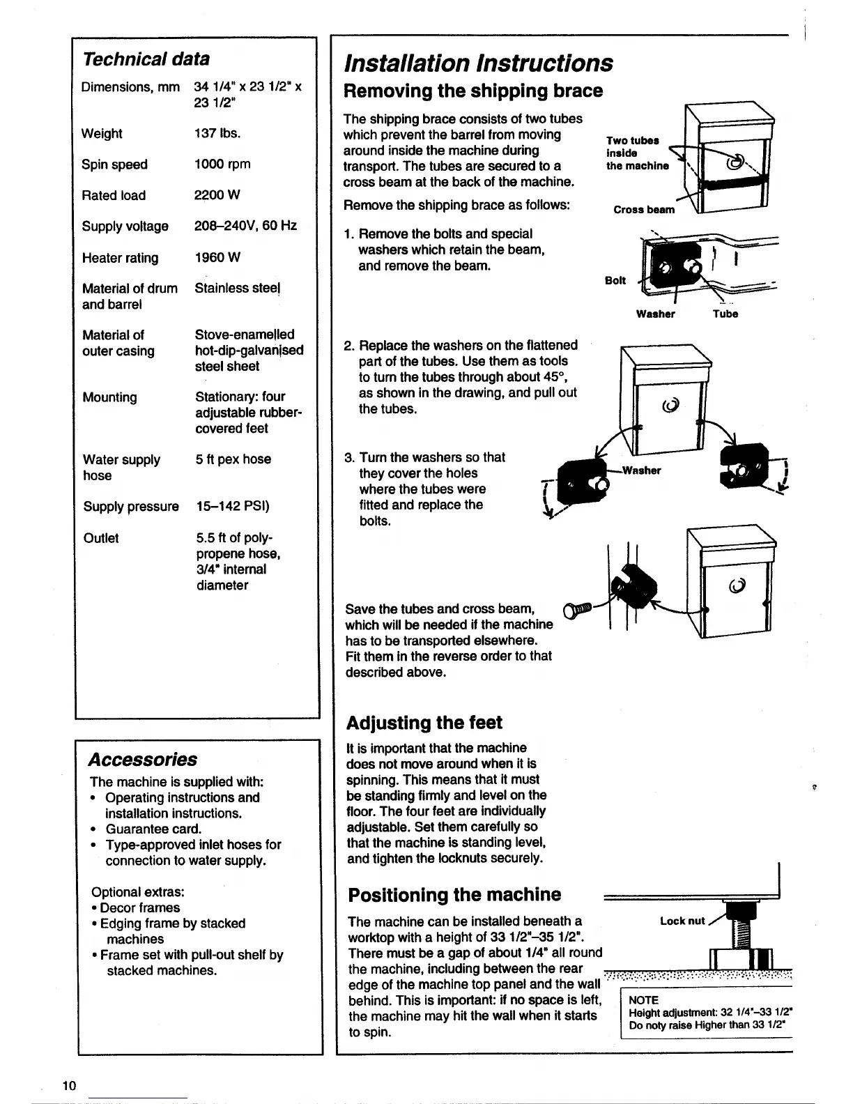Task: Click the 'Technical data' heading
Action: point(146,59)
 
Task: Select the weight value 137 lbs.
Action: point(217,133)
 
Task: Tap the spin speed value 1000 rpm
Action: point(222,164)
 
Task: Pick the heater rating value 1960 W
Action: point(217,258)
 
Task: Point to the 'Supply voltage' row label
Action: point(125,227)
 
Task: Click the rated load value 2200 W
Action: point(217,195)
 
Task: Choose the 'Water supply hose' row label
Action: point(121,467)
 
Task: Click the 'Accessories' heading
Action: point(143,760)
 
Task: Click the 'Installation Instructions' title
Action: point(479,63)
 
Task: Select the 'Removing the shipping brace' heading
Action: point(474,91)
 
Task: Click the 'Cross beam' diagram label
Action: point(644,210)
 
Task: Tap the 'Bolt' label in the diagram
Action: point(615,280)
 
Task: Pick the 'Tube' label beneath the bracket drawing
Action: point(725,314)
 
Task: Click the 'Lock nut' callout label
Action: point(682,921)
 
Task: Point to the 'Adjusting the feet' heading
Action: point(424,723)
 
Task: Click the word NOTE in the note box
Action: point(643,1000)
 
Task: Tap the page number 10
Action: point(69,1085)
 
